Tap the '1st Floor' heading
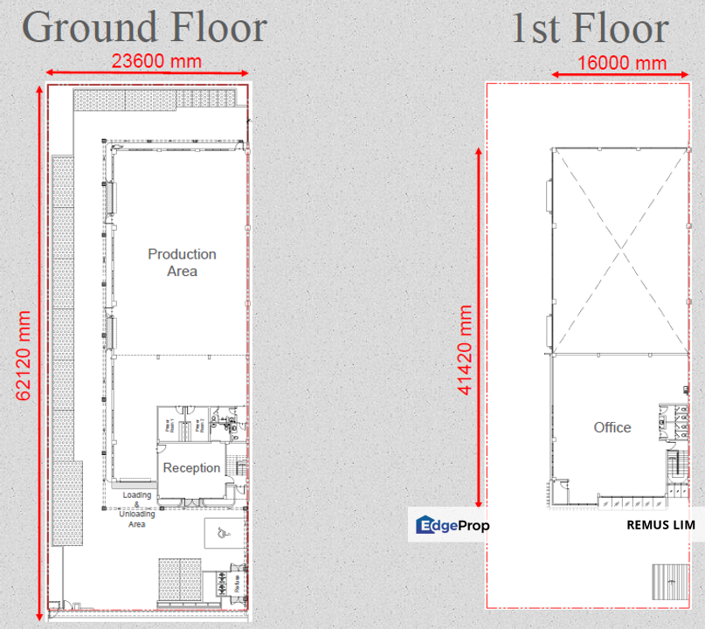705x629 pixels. coord(590,29)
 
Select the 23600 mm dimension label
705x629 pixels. coord(157,61)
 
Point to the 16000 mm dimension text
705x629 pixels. coord(622,63)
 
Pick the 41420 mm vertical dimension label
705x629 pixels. coord(464,349)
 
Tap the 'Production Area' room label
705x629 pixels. coord(182,262)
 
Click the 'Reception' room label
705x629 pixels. coord(191,467)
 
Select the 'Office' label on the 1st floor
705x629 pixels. coord(612,427)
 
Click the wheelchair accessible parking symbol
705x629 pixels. coord(218,530)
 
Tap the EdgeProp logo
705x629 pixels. coord(453,525)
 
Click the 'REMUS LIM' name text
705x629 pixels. coord(660,526)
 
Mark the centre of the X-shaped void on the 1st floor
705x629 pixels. coord(621,252)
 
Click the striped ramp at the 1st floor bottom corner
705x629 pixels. coord(668,580)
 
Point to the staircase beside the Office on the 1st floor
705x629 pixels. coord(673,467)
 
